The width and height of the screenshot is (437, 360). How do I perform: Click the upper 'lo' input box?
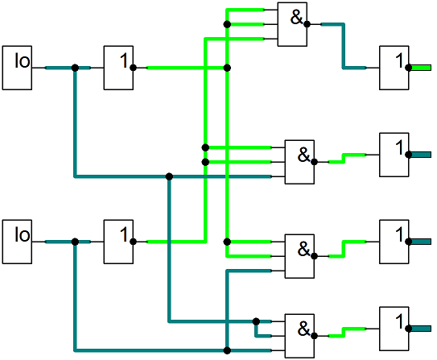(x=17, y=68)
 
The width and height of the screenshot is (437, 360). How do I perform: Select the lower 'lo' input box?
(x=17, y=242)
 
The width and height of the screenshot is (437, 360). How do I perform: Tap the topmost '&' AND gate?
(x=292, y=24)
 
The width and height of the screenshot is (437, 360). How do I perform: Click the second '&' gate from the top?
(x=299, y=162)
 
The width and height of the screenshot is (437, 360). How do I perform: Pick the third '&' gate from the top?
(x=299, y=256)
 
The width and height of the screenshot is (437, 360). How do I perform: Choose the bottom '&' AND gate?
(x=299, y=336)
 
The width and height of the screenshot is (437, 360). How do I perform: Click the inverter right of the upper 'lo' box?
(x=118, y=68)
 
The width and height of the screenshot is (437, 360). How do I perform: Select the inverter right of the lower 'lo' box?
(x=118, y=242)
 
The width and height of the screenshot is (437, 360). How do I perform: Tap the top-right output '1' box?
(x=394, y=68)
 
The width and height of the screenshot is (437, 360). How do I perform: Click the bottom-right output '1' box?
(x=394, y=329)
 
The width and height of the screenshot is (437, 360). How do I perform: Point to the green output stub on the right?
(x=421, y=68)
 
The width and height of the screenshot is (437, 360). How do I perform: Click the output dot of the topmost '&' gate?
(x=307, y=24)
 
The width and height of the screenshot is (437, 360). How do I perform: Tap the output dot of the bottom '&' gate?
(x=314, y=336)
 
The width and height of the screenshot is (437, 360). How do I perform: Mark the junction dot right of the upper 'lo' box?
(x=75, y=68)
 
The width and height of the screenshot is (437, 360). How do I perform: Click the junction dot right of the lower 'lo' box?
(x=75, y=242)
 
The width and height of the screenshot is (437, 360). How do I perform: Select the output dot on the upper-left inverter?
(x=133, y=68)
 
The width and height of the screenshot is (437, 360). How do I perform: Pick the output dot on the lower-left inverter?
(x=133, y=242)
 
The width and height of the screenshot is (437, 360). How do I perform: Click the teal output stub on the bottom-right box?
(x=421, y=329)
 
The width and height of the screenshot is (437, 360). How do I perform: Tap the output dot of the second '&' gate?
(x=314, y=162)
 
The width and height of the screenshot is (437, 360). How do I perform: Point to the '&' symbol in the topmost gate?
(x=296, y=17)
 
